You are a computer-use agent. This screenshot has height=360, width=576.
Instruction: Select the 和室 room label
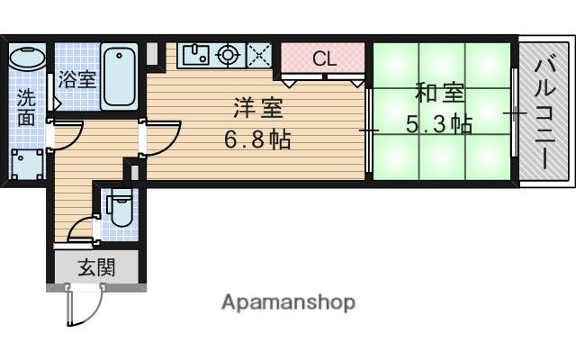point(440,94)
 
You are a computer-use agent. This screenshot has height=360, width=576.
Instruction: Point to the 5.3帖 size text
point(439,125)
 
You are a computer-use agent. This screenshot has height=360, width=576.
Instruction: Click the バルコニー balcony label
point(544,112)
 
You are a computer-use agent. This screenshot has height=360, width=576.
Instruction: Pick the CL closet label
point(325,59)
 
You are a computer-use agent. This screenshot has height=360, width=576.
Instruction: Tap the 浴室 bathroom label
point(76,79)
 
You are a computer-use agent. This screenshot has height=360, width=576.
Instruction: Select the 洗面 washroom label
point(25,106)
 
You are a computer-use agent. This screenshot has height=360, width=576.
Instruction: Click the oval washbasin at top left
point(27,58)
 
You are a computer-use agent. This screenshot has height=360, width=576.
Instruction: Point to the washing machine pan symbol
point(27,165)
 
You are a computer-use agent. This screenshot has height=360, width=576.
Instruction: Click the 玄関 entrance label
point(94,266)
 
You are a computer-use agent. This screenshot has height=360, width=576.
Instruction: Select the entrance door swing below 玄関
point(83,306)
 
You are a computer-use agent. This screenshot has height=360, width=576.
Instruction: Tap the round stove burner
point(229,55)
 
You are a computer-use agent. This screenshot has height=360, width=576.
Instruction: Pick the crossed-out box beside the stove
point(259,55)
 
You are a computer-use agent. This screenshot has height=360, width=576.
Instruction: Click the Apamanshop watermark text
point(288,301)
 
